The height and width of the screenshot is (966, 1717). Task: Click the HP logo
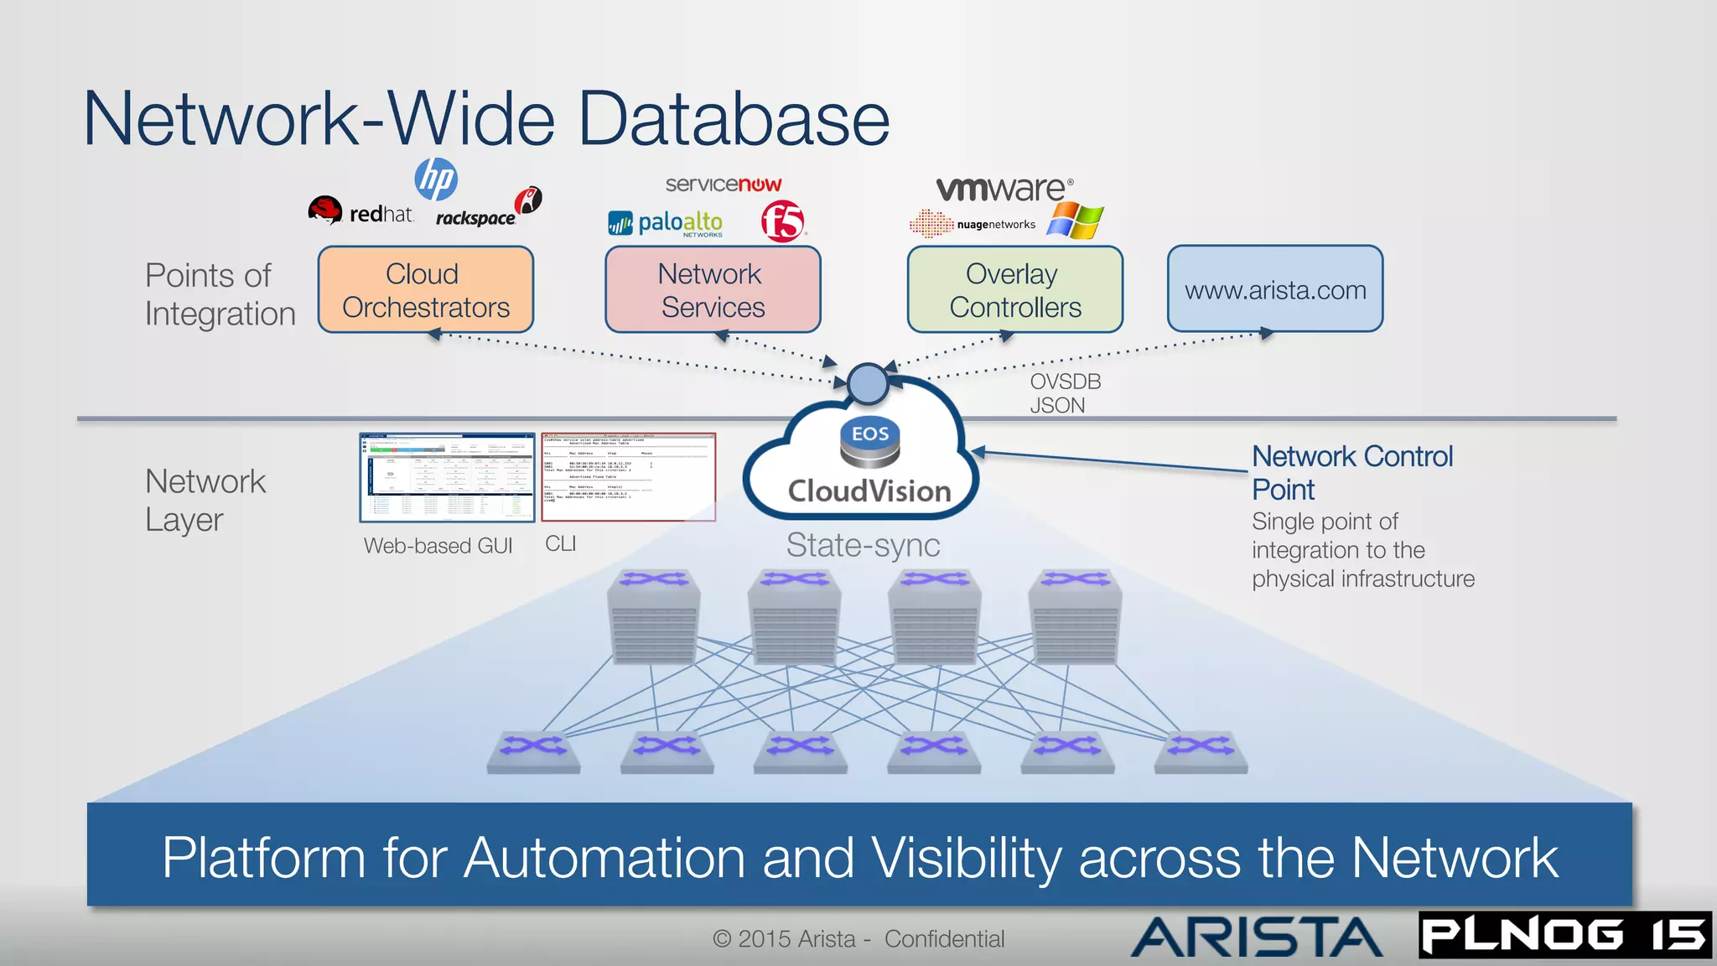(x=436, y=179)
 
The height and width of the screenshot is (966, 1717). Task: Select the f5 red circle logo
(x=783, y=221)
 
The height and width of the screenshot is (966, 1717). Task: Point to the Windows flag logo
(x=1076, y=221)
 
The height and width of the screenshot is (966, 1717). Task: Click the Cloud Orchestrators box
(x=426, y=290)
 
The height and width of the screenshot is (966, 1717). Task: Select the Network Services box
(x=713, y=290)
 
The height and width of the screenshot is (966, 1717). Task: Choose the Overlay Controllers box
(x=1014, y=290)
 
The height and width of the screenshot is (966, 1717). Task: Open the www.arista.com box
(x=1274, y=290)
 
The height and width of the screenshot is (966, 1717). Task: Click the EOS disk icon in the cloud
(x=869, y=443)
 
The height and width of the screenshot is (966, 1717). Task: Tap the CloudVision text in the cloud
(x=869, y=491)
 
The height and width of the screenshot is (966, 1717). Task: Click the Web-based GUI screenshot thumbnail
(x=447, y=478)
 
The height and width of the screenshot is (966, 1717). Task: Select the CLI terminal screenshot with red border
(x=628, y=477)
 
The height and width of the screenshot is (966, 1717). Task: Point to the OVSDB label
(x=1065, y=382)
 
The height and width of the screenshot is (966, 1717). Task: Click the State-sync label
(x=863, y=546)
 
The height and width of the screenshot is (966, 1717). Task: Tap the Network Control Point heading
(x=1351, y=472)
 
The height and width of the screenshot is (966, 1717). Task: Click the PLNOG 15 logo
(x=1564, y=935)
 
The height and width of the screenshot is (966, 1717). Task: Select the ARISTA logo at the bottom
(x=1256, y=937)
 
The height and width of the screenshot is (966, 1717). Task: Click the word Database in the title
(x=734, y=119)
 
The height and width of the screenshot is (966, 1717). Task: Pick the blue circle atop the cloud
(x=868, y=384)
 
